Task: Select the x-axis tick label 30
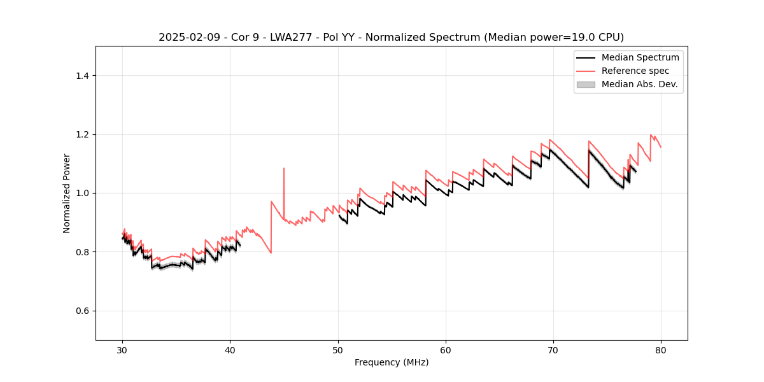click(x=123, y=350)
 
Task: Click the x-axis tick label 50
click(x=338, y=350)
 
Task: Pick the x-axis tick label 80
click(x=661, y=350)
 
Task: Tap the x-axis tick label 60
click(x=446, y=350)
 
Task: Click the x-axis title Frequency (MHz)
click(x=392, y=362)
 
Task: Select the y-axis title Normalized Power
click(x=67, y=193)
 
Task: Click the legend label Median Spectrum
click(x=640, y=57)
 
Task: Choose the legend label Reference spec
click(x=635, y=71)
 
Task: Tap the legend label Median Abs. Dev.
click(x=640, y=84)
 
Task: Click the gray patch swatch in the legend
click(x=586, y=84)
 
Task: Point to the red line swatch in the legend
click(x=586, y=71)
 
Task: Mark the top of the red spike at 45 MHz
click(x=284, y=169)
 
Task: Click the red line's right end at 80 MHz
click(x=661, y=147)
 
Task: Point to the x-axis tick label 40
click(x=230, y=350)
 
